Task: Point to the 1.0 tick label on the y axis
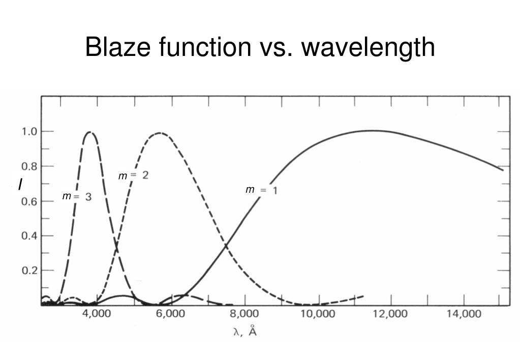click(28, 132)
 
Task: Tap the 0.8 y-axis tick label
click(28, 166)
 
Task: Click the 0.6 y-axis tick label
click(28, 201)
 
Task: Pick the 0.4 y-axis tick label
click(28, 236)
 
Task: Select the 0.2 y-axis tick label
click(28, 271)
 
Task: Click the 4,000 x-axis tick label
click(97, 314)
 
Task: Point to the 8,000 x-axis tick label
click(244, 314)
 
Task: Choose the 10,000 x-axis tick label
click(318, 314)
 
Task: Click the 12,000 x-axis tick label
click(390, 314)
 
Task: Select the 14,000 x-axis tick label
click(464, 314)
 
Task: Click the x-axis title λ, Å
click(244, 332)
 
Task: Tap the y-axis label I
click(20, 185)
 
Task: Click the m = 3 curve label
click(77, 197)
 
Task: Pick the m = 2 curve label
click(133, 176)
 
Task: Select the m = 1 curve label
click(261, 190)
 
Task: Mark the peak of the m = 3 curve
click(90, 132)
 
